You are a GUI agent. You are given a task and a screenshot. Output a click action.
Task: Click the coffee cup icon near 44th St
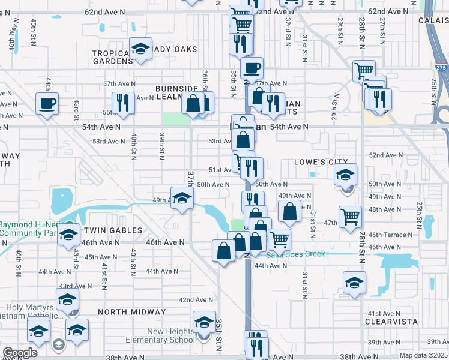click(x=47, y=103)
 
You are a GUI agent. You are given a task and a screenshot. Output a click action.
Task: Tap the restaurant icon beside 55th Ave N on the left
click(x=123, y=103)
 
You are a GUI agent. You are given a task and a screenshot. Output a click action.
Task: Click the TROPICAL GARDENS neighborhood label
click(x=112, y=57)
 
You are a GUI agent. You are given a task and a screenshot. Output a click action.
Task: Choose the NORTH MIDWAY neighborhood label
click(x=131, y=312)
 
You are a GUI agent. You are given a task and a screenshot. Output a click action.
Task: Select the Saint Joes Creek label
click(x=295, y=254)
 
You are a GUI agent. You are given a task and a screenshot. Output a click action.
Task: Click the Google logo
click(x=20, y=353)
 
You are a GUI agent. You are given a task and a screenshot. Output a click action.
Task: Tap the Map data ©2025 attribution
click(x=424, y=355)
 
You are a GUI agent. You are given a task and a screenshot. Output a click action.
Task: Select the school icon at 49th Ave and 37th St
click(x=181, y=198)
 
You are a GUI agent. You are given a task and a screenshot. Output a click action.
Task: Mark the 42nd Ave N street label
click(x=196, y=300)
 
